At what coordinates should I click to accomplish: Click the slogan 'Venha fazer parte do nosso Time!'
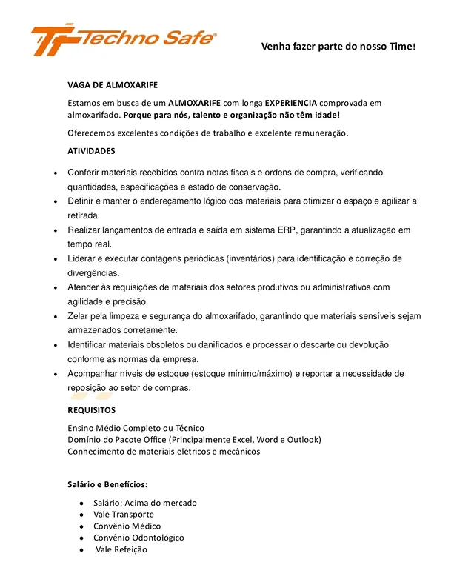pyautogui.click(x=338, y=47)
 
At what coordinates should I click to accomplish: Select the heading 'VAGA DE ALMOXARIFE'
pyautogui.click(x=113, y=85)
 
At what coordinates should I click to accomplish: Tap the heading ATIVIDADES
pyautogui.click(x=91, y=151)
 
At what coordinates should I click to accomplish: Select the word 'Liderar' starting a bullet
pyautogui.click(x=82, y=258)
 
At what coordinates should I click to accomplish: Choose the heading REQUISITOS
pyautogui.click(x=92, y=410)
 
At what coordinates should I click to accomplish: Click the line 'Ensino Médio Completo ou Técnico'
pyautogui.click(x=136, y=428)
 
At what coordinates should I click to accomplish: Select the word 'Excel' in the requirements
pyautogui.click(x=238, y=440)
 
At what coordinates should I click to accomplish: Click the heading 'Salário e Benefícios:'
pyautogui.click(x=107, y=485)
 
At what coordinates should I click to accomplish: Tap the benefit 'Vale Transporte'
pyautogui.click(x=124, y=515)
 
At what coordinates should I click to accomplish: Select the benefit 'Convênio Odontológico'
pyautogui.click(x=138, y=538)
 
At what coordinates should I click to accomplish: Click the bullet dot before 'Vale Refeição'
pyautogui.click(x=81, y=550)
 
